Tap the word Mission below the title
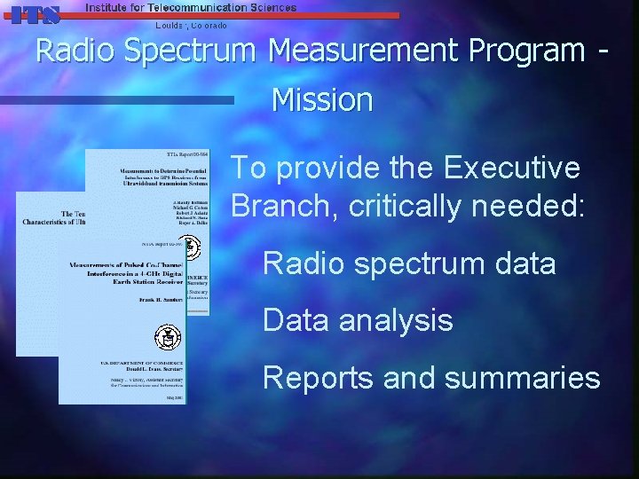(321, 99)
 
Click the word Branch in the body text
(284, 207)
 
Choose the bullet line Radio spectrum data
(409, 263)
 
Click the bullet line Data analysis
(358, 320)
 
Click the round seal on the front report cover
(165, 337)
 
